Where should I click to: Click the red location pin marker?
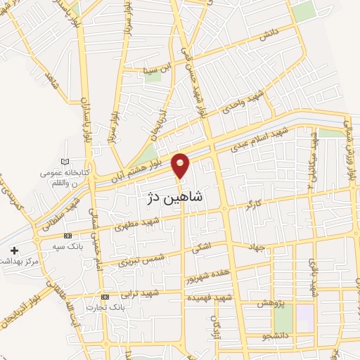[181, 165]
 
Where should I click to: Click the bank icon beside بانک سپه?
[67, 236]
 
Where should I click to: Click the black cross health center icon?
[14, 250]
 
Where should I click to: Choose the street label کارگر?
[253, 205]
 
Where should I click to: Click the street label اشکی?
[199, 250]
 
